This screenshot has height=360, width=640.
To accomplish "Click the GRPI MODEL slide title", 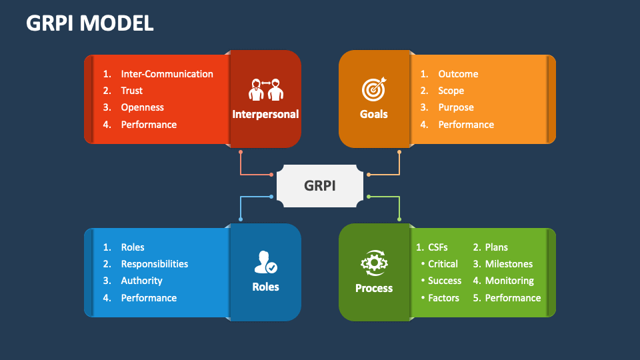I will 90,23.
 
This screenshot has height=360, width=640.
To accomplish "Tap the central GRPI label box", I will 320,185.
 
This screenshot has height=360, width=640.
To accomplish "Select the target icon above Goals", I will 373,89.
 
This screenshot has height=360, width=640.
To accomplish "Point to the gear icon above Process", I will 373,263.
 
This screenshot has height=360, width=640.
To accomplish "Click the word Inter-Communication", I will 167,74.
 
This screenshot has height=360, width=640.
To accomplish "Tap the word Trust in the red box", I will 131,91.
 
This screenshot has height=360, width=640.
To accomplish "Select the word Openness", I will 142,107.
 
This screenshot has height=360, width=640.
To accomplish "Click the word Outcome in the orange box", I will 458,74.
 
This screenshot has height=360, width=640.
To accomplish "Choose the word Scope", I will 451,91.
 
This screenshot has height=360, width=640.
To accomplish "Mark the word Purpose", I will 456,107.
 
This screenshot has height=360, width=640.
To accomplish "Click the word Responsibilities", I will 154,264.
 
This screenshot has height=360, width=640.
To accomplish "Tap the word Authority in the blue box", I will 141,281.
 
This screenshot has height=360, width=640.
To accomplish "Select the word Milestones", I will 509,264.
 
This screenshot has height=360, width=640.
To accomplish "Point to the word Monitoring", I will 509,281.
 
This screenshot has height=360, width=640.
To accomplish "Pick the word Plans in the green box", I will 496,247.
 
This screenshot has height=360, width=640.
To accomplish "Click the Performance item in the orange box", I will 466,125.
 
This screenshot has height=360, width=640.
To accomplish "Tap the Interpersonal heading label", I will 265,114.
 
